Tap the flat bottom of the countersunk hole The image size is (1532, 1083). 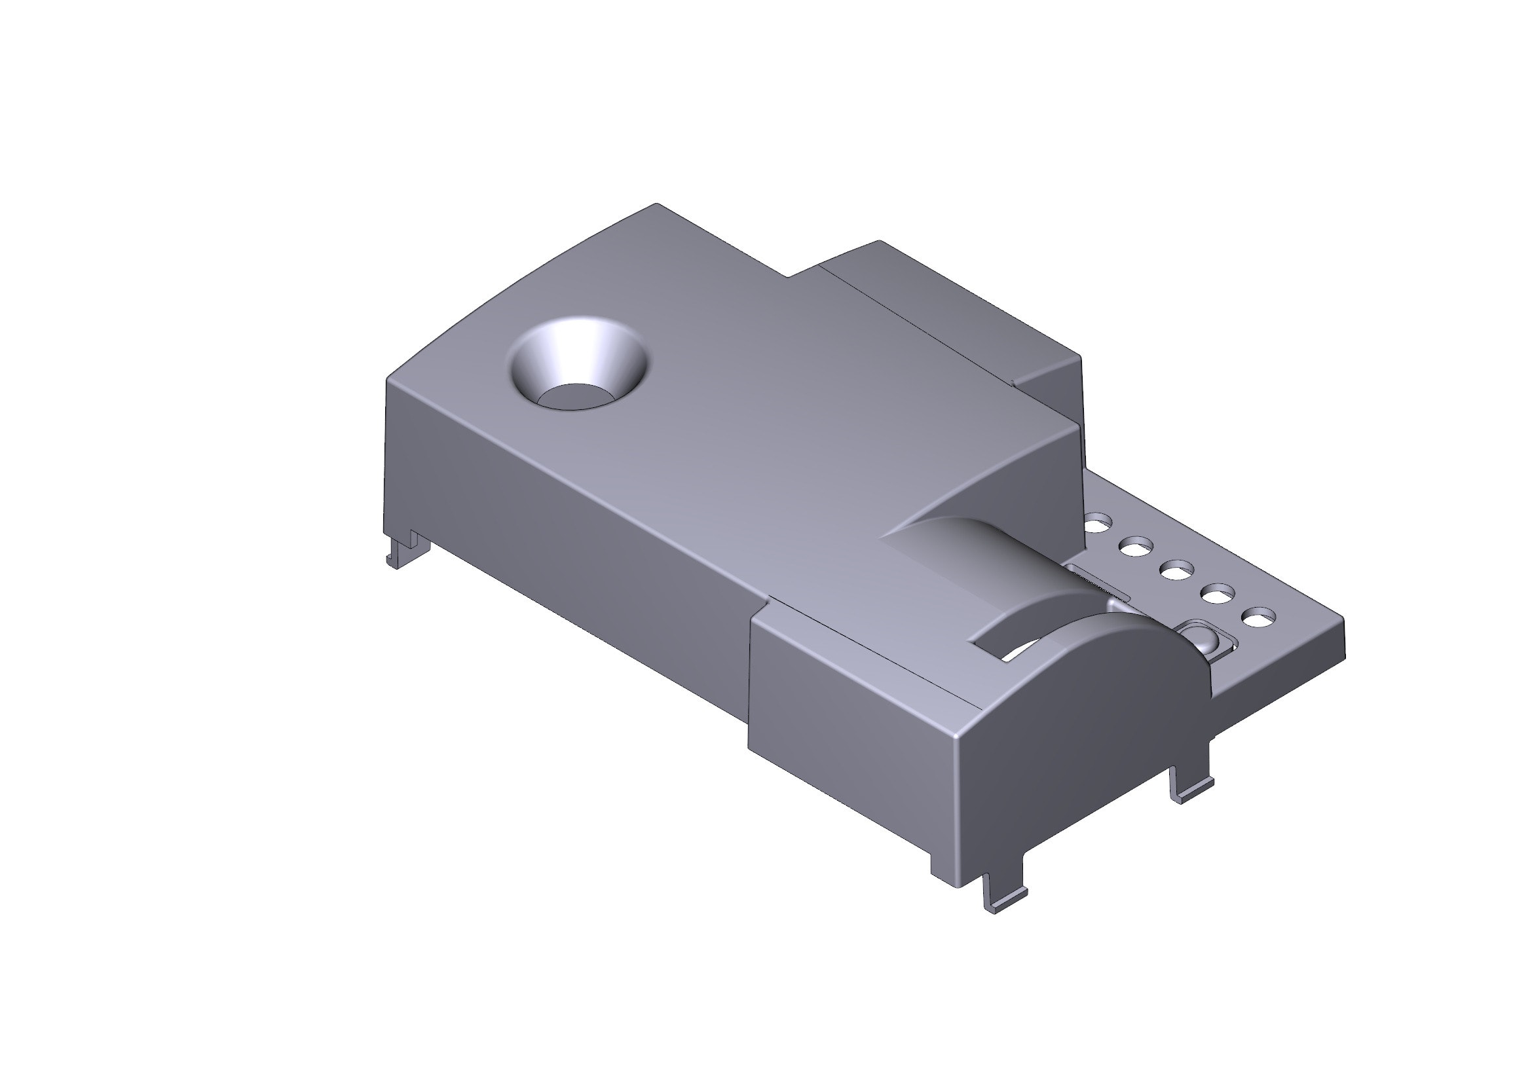(x=575, y=396)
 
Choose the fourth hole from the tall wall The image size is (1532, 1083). (x=1218, y=593)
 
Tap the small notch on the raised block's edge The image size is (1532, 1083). (x=1014, y=382)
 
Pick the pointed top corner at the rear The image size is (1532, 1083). (x=657, y=204)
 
